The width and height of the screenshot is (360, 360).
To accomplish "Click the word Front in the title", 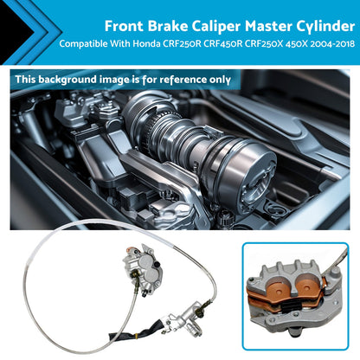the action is pos(124,26).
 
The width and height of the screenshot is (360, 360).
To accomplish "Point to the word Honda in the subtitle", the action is pos(146,44).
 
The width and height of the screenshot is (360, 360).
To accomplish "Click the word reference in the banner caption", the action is pos(183,80).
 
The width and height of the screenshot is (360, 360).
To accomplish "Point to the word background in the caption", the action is pos(67,80).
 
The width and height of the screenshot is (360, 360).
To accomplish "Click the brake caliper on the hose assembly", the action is pos(143,268).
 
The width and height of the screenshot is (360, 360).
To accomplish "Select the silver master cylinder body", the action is pos(184,319).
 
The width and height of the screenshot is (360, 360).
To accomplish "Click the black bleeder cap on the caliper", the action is pos(157,264).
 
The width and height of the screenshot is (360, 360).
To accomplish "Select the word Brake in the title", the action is pos(168,26).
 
